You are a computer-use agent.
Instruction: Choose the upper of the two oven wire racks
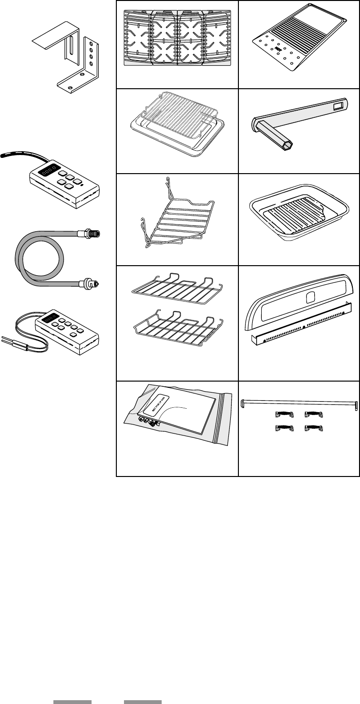click(175, 286)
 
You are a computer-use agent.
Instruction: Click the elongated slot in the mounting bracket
click(71, 50)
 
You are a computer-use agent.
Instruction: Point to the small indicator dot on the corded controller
click(83, 184)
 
